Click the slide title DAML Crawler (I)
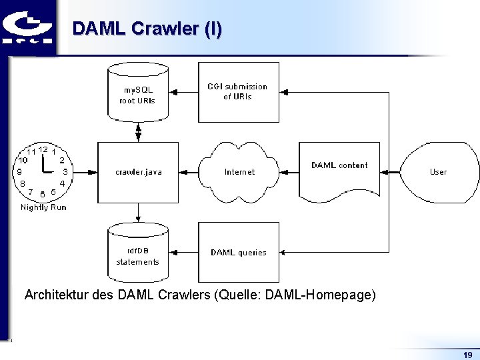click(x=147, y=29)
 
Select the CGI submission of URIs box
click(x=238, y=92)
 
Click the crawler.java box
click(x=138, y=172)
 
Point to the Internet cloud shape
click(x=239, y=172)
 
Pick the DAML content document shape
click(x=339, y=171)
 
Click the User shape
click(x=438, y=172)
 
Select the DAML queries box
click(x=238, y=253)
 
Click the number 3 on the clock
click(x=65, y=171)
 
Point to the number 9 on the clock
click(x=19, y=171)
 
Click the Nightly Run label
click(x=43, y=207)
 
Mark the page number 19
click(x=467, y=355)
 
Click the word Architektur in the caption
click(x=55, y=295)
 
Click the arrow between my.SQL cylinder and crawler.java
click(x=138, y=132)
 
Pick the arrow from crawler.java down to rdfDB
click(x=138, y=213)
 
